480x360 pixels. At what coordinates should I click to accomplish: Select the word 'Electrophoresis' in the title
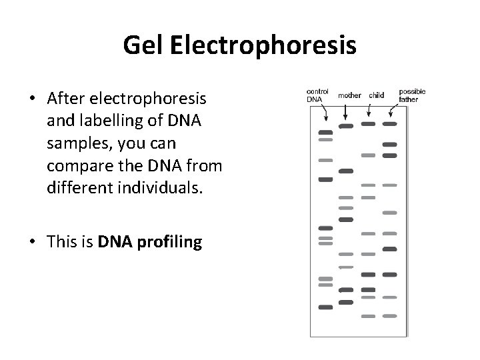263,45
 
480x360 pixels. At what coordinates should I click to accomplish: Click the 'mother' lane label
350,95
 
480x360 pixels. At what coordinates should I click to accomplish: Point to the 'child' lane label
376,95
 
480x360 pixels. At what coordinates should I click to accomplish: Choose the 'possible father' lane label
412,95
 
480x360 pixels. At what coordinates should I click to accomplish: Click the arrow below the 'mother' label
345,112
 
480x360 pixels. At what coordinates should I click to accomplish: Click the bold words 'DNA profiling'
150,242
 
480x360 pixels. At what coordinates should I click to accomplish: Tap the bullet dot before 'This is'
32,243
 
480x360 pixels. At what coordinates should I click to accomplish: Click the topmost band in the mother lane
346,125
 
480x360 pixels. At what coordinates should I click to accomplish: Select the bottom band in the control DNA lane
325,307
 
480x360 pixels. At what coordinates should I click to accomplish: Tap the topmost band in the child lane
368,124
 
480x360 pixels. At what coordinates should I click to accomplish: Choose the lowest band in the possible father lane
391,315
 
